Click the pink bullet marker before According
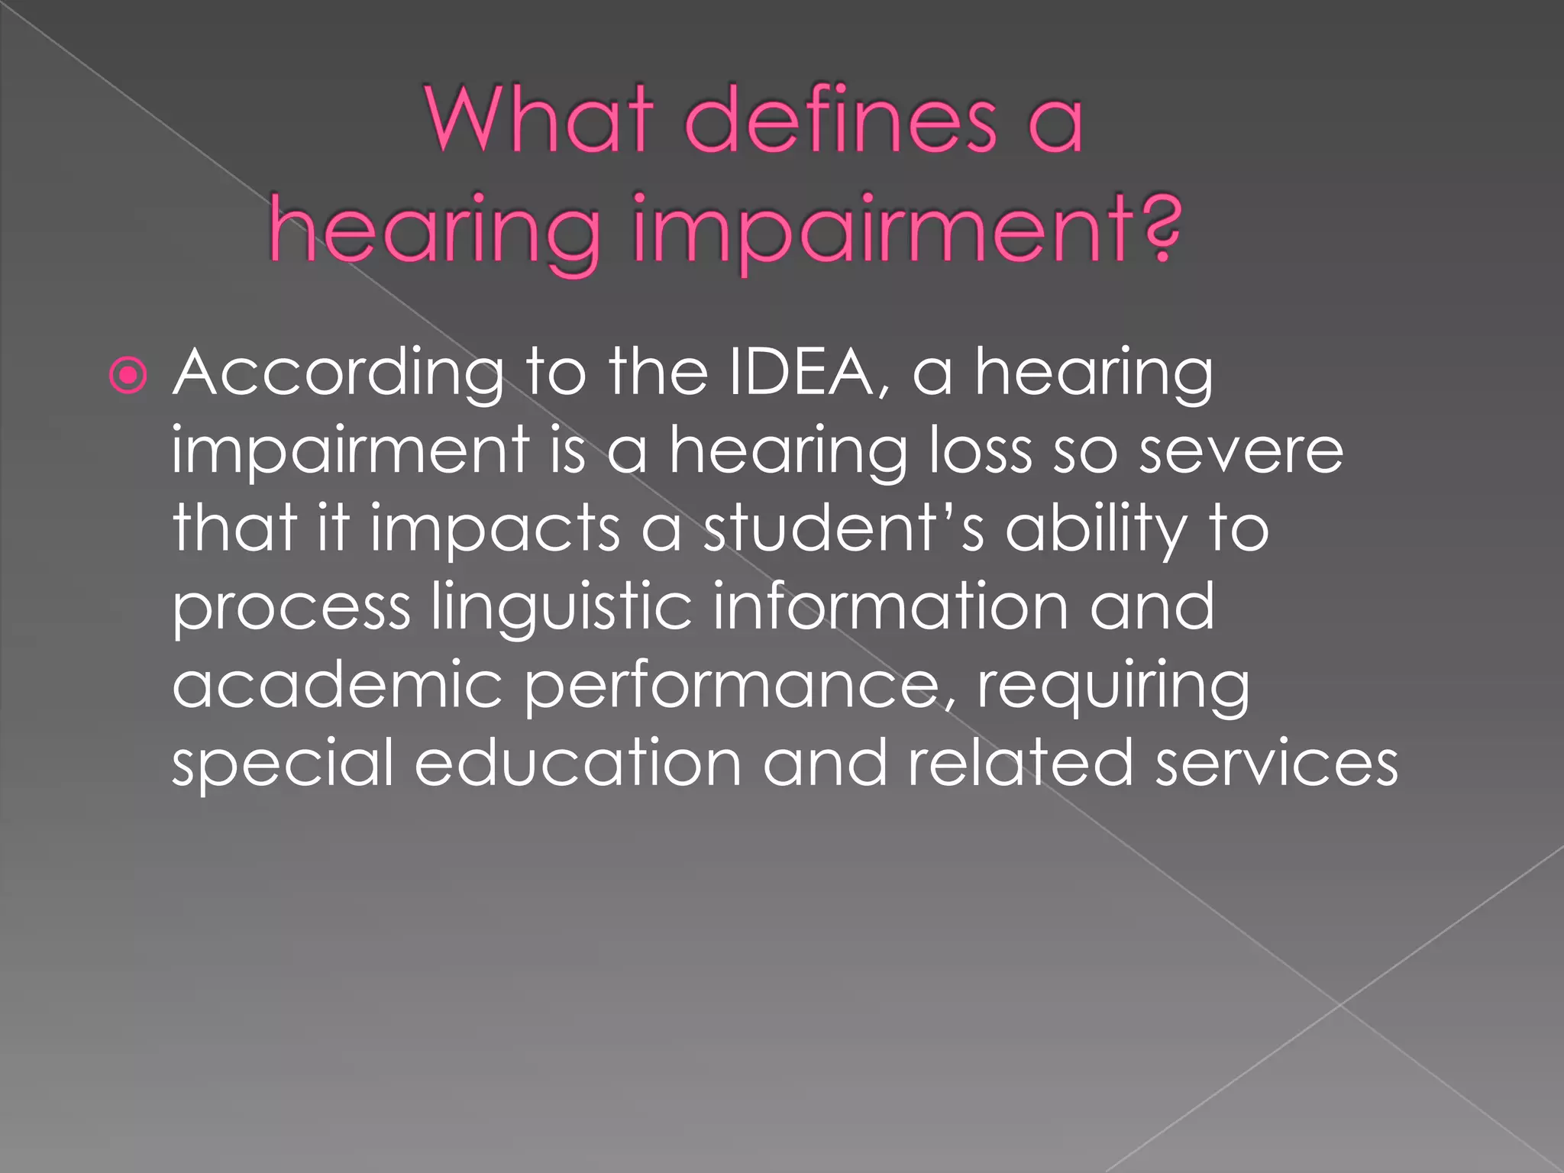click(x=128, y=375)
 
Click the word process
click(x=291, y=609)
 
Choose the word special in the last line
click(x=283, y=764)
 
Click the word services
click(x=1276, y=763)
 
